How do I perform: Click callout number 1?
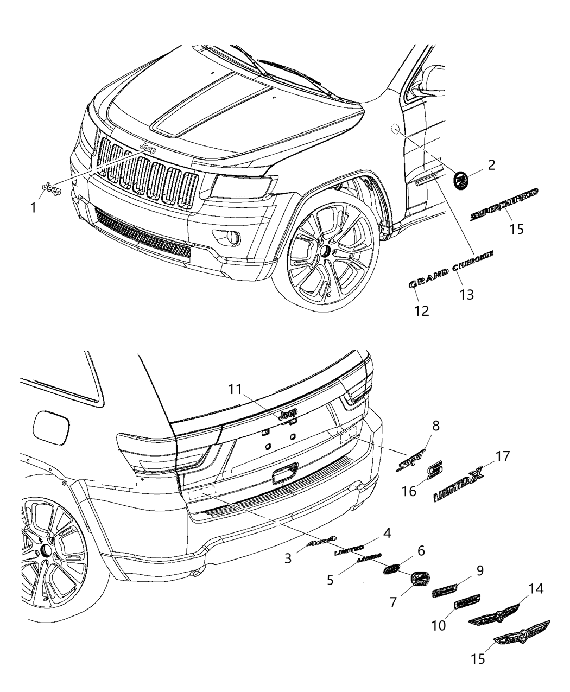coord(33,207)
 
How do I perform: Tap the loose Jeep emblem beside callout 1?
coord(52,189)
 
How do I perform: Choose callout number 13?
coord(466,295)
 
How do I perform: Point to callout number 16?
coord(409,491)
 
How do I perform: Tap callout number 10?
coord(439,625)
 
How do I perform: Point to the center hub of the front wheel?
coord(325,251)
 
